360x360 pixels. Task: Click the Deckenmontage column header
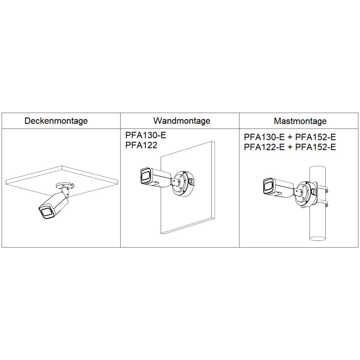56,121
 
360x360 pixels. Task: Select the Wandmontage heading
182,121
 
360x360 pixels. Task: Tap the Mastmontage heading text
300,121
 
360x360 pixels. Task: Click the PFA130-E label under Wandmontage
145,135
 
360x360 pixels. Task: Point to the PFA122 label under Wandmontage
141,145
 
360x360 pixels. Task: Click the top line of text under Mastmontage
290,137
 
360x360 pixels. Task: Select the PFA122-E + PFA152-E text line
290,147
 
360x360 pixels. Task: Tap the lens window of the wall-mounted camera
145,176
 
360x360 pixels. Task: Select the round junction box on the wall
183,183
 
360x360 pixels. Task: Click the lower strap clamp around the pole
322,203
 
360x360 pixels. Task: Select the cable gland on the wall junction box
191,181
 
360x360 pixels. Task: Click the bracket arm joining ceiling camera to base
65,192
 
